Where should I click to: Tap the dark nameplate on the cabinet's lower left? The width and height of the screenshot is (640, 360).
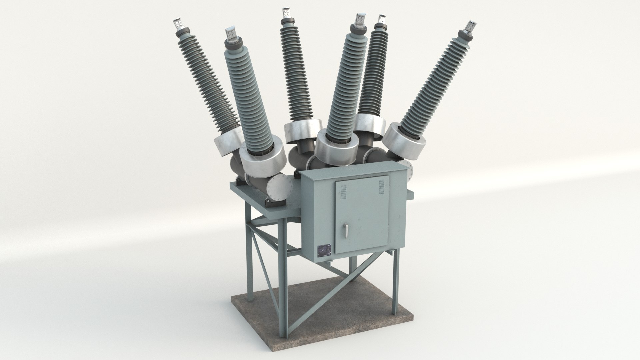323,251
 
